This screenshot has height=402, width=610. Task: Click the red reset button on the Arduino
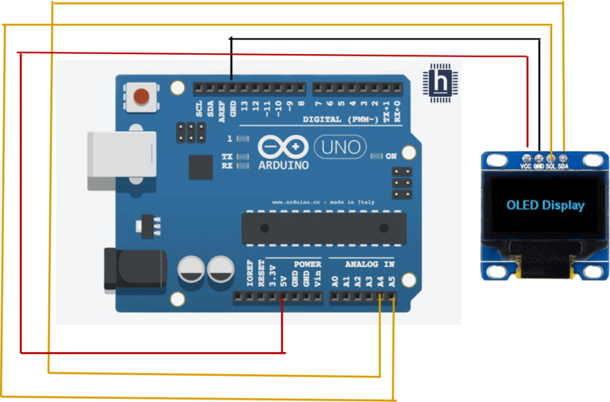coord(142,97)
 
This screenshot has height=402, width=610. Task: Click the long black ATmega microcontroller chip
coord(318,229)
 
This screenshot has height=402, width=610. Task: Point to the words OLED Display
coord(545,205)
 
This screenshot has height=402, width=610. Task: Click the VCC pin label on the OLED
coord(526,166)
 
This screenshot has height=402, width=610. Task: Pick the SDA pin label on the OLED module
coord(563,166)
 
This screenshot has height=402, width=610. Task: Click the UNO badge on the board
coord(342,147)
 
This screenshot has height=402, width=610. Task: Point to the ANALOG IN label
coord(368,263)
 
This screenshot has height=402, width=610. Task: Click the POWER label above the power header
coord(307,263)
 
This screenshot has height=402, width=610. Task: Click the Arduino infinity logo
coord(283,148)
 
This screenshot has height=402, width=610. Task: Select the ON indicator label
coord(390,157)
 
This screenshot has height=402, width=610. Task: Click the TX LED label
coord(227,157)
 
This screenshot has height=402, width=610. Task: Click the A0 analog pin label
coord(334,280)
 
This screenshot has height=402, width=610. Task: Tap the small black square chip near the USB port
coord(199,166)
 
